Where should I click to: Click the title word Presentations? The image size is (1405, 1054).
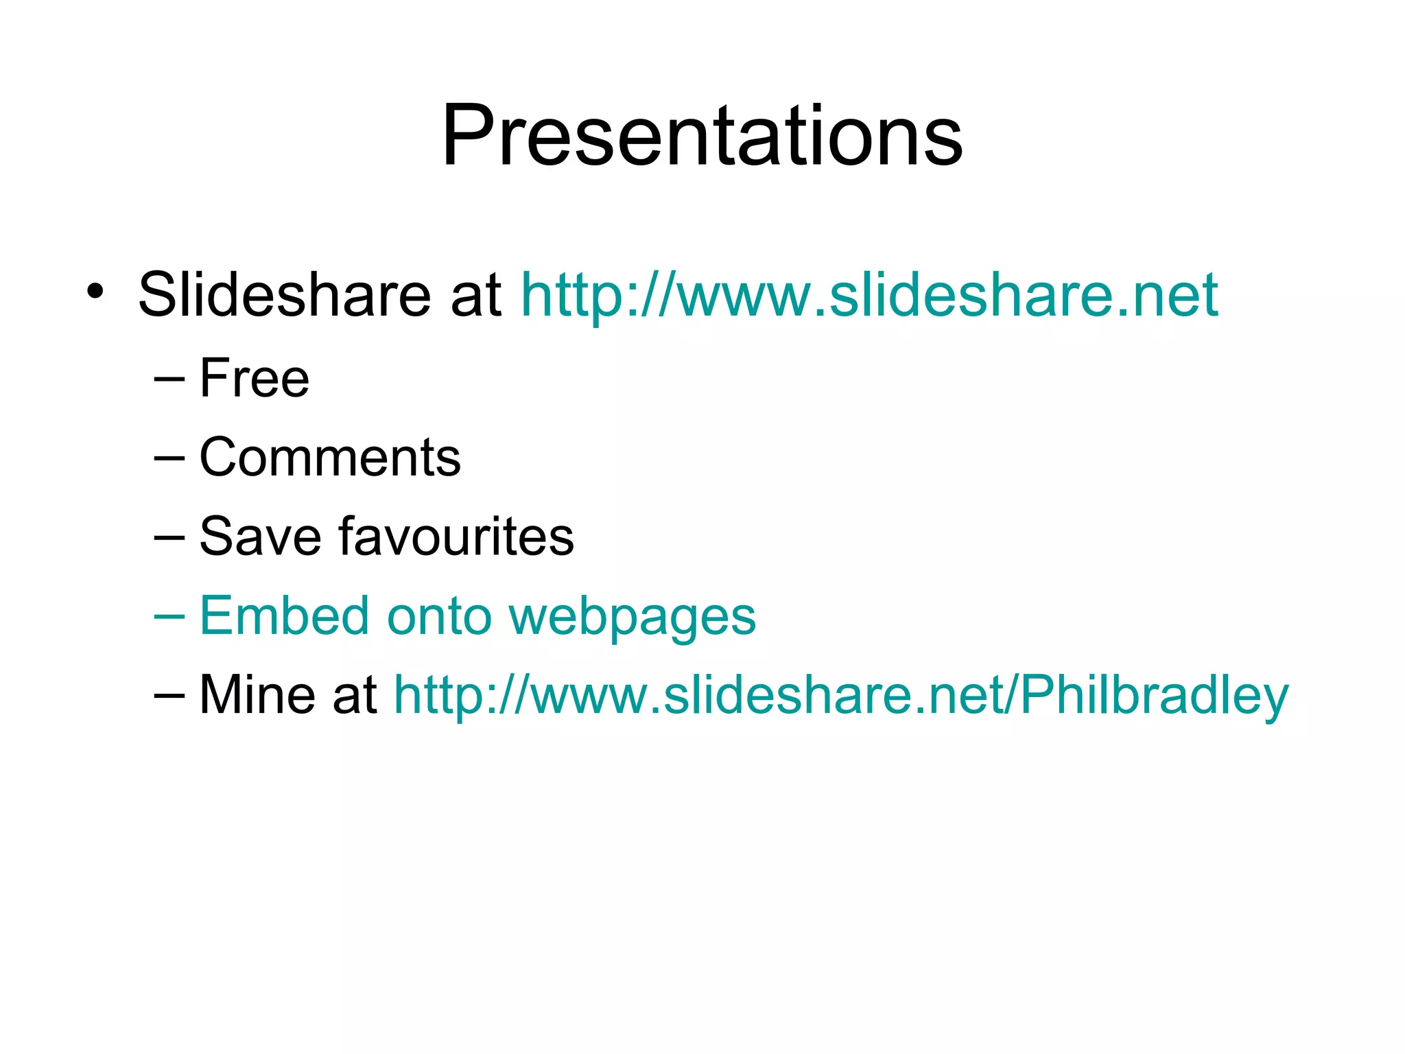[x=702, y=135]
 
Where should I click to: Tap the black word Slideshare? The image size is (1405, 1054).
[x=284, y=295]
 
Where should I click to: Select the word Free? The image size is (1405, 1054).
[x=255, y=378]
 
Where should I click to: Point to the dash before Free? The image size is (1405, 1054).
[x=169, y=379]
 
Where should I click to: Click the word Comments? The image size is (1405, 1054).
[x=329, y=458]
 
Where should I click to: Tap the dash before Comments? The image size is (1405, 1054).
[x=169, y=458]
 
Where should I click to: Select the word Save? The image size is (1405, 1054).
[x=260, y=537]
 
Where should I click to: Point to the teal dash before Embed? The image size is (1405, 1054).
[x=169, y=616]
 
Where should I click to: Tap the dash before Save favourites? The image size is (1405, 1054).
[x=169, y=537]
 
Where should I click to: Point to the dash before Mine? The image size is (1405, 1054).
[x=169, y=695]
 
